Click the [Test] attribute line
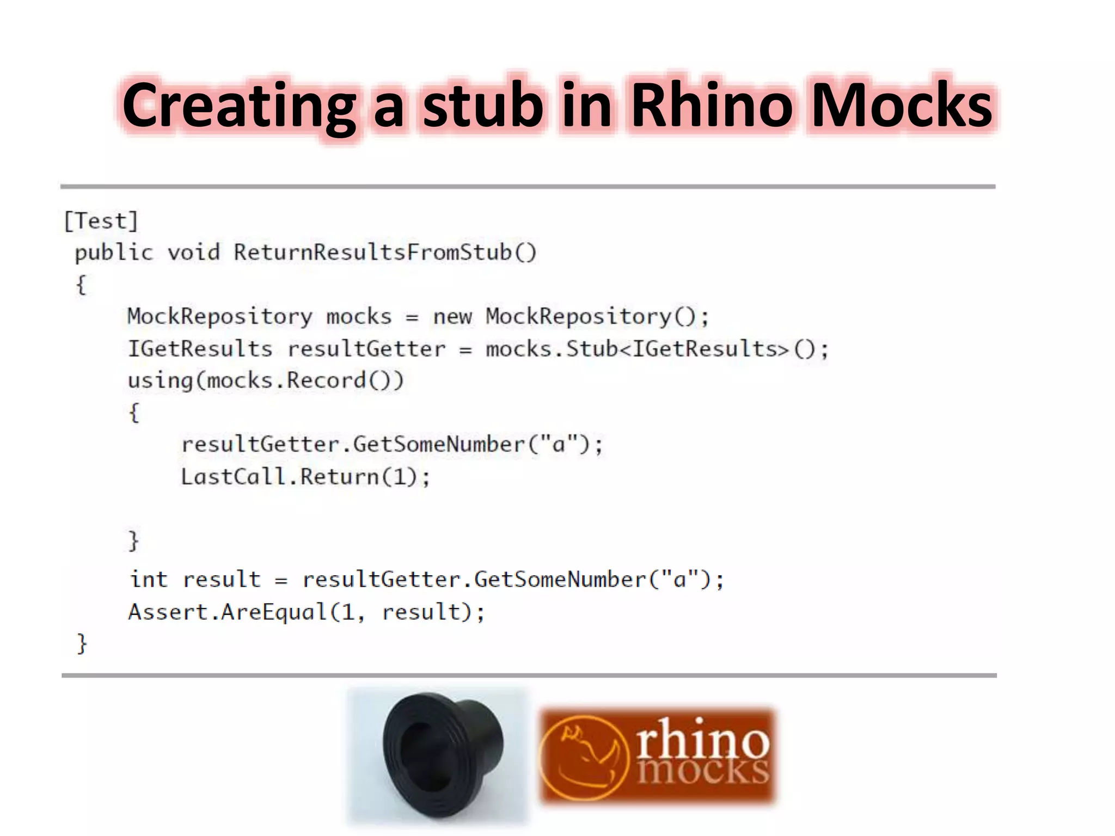101,221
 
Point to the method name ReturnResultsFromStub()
385,253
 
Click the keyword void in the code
193,253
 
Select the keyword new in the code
452,317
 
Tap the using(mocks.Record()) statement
266,380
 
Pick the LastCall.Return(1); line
305,477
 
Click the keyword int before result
149,580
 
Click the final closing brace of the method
82,644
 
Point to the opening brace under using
134,413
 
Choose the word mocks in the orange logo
702,771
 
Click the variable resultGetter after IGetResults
366,349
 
